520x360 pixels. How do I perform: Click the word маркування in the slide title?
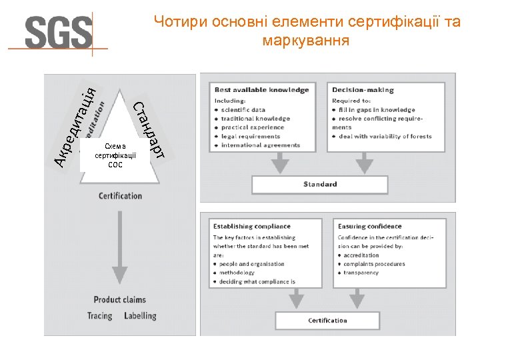tap(306, 41)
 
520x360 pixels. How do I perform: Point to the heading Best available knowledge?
tap(261, 90)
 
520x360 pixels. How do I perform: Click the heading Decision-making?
tap(363, 90)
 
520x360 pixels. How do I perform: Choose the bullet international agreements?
tap(260, 145)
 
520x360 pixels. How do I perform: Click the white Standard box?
tap(320, 184)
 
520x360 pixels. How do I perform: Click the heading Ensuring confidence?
tap(369, 227)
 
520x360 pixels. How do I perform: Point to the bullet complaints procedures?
tap(375, 264)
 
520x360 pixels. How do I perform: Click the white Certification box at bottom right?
tap(327, 320)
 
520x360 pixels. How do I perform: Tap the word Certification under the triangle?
tap(120, 195)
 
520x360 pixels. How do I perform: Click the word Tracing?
tap(100, 315)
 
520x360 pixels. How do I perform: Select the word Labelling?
tap(140, 315)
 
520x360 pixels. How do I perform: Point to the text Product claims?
tap(119, 299)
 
